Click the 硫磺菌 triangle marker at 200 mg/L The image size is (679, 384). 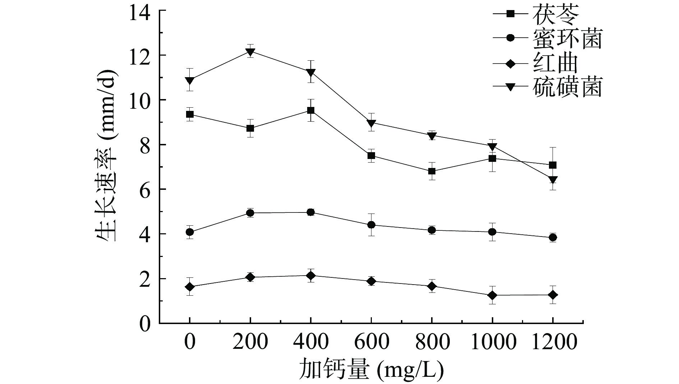(250, 52)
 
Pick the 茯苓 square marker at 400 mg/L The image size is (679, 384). (311, 111)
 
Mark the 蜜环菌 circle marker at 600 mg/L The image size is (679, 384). (371, 225)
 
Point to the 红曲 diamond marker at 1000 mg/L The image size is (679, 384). (492, 295)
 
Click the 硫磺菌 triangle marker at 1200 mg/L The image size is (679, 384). (553, 179)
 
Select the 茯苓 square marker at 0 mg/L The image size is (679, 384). (190, 114)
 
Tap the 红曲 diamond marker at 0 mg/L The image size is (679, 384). (190, 287)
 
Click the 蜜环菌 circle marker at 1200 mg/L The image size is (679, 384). (553, 237)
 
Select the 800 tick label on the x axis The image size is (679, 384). (432, 343)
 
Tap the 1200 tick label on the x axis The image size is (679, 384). (553, 343)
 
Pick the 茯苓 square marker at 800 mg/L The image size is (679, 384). (432, 171)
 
